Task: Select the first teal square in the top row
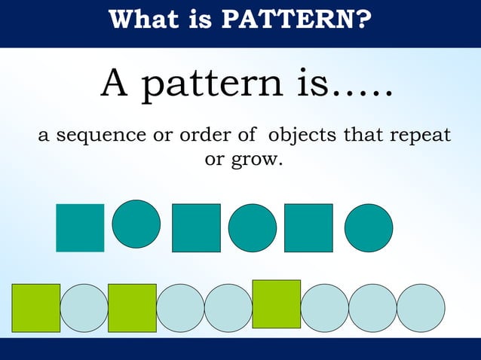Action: (x=80, y=227)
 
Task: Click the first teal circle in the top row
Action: (x=136, y=223)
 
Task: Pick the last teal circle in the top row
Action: (x=369, y=227)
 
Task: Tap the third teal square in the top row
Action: (x=308, y=227)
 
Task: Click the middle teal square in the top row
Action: (x=196, y=227)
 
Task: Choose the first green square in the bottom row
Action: (x=35, y=307)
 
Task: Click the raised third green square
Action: (x=276, y=304)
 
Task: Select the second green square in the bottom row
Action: (x=132, y=307)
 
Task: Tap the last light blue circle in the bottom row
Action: (x=421, y=307)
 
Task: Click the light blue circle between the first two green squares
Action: (x=84, y=307)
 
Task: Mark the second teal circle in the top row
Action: (x=253, y=227)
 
